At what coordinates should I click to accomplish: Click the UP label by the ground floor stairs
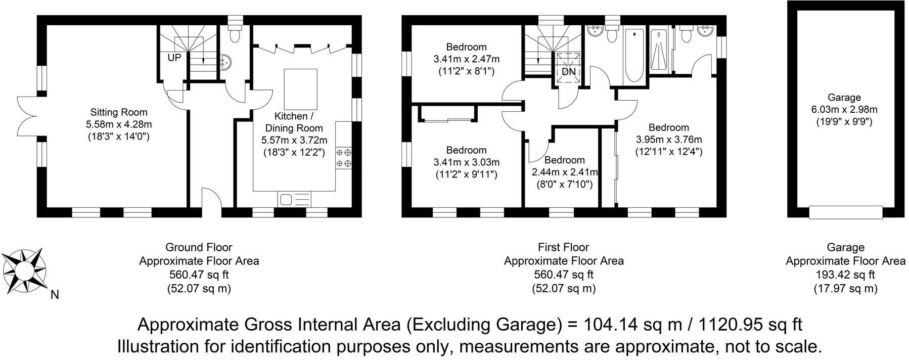coord(174,58)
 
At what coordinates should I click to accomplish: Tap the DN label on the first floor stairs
coord(569,72)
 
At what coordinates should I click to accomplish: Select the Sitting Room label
coord(119,112)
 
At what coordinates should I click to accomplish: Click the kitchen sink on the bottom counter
coord(293,199)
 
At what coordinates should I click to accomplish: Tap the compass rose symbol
coord(24,271)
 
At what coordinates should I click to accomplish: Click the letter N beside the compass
coord(55,295)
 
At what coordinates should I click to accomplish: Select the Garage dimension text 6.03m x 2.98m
coord(844,110)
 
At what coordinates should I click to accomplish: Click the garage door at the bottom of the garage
coord(846,212)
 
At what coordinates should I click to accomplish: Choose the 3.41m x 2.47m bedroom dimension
coord(466,59)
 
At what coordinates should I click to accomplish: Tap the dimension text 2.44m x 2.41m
coord(565,172)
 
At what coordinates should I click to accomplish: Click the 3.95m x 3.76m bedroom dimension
coord(668,140)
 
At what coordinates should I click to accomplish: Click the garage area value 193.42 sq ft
coord(845,275)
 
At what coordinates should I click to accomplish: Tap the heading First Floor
coord(564,248)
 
